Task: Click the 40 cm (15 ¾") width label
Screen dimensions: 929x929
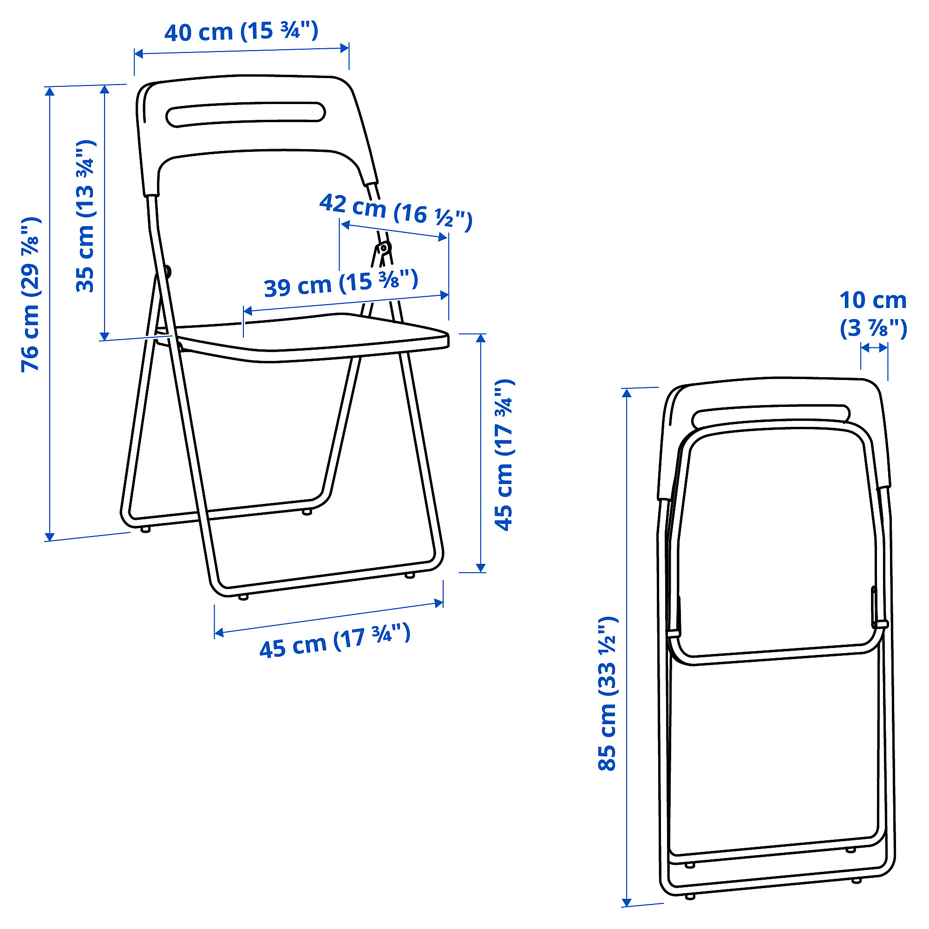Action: click(241, 32)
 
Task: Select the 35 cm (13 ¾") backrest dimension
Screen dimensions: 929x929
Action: click(86, 216)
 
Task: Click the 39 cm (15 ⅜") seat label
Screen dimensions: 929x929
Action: click(341, 283)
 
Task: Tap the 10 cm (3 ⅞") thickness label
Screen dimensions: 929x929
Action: click(873, 314)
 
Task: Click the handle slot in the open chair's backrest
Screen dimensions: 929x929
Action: click(246, 114)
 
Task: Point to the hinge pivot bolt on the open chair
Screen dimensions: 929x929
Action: click(384, 248)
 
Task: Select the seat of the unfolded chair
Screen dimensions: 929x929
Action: click(313, 337)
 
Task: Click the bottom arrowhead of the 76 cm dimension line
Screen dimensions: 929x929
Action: click(50, 536)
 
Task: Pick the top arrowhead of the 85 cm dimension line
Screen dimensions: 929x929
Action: click(626, 393)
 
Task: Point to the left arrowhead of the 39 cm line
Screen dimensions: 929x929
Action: click(248, 311)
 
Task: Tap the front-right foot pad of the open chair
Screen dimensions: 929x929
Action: click(410, 575)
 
